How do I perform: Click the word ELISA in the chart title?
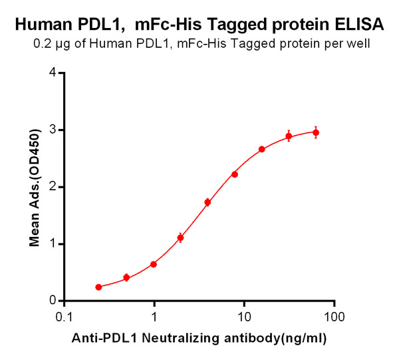tap(360, 25)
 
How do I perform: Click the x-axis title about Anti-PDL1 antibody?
tap(199, 339)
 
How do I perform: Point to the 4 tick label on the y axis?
tap(51, 73)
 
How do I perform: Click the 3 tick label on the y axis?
tap(51, 130)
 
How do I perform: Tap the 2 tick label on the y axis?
tap(51, 187)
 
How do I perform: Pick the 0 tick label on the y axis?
tap(51, 301)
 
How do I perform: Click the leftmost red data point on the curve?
tap(98, 287)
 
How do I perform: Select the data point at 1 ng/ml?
tap(154, 264)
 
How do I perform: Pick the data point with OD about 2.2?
tap(235, 174)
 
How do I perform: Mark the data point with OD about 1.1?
tap(180, 238)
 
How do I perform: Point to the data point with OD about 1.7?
tap(207, 202)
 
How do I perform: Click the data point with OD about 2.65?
tap(262, 149)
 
